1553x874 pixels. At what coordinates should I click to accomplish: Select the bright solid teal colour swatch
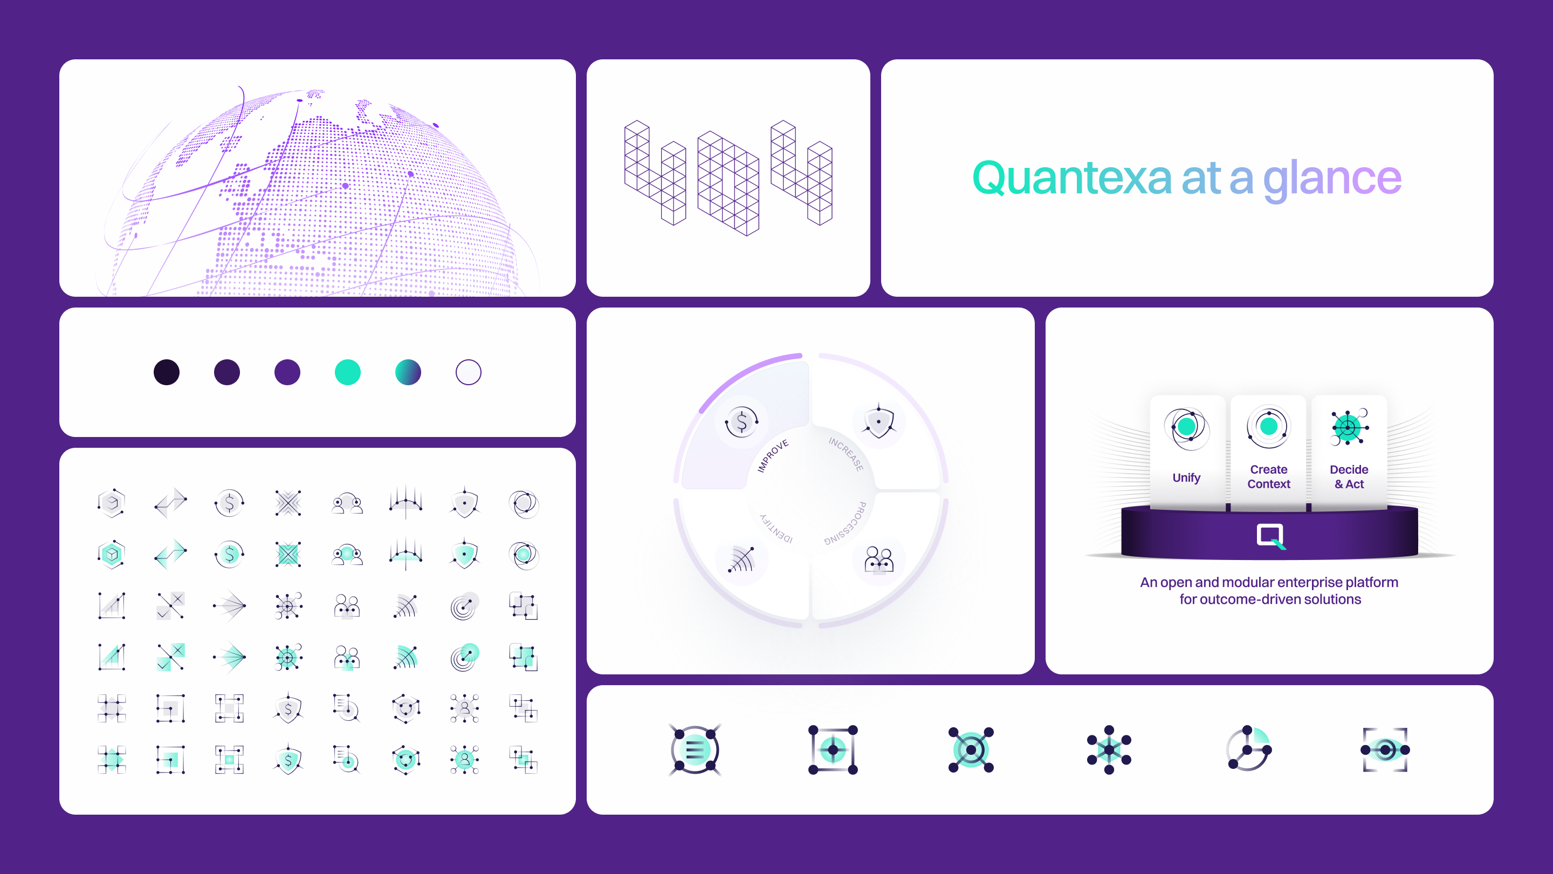348,372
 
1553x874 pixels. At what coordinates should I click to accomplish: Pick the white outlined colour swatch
469,372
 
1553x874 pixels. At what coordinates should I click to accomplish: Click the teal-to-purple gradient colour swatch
408,372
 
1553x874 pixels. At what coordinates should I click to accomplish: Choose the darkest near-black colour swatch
167,372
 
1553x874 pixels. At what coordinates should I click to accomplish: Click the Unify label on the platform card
1186,477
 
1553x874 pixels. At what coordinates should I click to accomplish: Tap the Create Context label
1268,476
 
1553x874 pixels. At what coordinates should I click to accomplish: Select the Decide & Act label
1349,476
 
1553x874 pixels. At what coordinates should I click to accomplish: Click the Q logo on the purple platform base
1271,536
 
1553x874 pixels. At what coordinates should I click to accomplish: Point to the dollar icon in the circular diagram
741,421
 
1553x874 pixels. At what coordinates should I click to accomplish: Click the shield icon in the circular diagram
878,420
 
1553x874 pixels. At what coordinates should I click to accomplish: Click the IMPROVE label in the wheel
772,456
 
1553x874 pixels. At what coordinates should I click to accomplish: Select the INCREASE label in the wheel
847,454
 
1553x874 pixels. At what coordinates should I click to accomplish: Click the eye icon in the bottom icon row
1385,750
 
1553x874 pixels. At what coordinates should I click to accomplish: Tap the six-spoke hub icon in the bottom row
1109,750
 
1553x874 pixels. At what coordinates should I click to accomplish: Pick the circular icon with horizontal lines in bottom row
695,750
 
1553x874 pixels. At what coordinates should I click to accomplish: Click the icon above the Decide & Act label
1349,427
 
